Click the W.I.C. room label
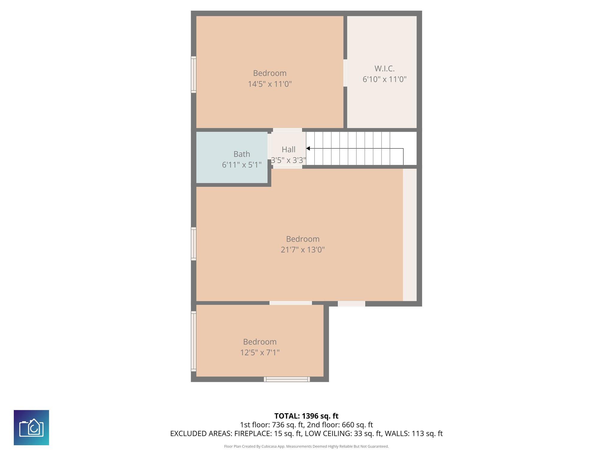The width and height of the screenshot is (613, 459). [384, 69]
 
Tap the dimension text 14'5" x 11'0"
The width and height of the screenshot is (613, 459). [270, 84]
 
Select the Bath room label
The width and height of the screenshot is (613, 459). [242, 154]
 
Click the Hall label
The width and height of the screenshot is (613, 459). [289, 149]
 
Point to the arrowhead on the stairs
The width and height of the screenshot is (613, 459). [308, 149]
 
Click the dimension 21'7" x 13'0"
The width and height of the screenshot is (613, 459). [303, 250]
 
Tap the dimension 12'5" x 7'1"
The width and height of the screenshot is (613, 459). [260, 353]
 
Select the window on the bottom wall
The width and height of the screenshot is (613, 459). [287, 379]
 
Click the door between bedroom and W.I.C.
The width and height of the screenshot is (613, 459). [345, 73]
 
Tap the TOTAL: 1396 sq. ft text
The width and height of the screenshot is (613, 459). [306, 416]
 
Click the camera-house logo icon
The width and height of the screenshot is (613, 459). [31, 428]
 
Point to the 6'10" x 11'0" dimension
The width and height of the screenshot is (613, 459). [384, 79]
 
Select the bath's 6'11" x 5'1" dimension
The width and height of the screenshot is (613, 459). [242, 165]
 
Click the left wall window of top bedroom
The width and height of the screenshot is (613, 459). [194, 74]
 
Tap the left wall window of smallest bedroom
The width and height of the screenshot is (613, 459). [194, 341]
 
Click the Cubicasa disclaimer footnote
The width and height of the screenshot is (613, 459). [306, 446]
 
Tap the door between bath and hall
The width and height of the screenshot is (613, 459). [269, 146]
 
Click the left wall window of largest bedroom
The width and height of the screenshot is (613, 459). [194, 244]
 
